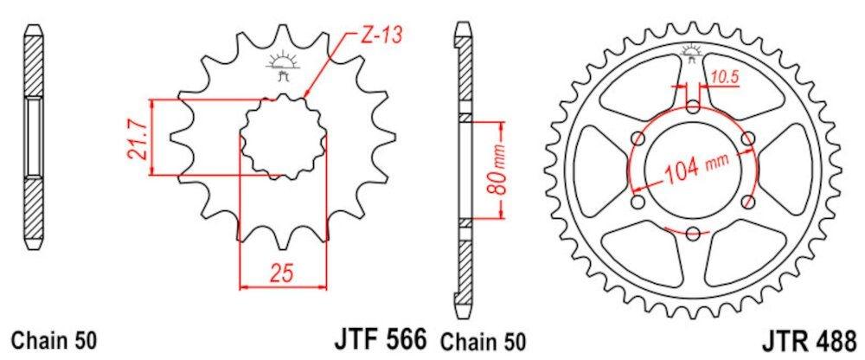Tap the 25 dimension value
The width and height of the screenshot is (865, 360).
point(282,273)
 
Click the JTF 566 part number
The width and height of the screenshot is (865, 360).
point(381,337)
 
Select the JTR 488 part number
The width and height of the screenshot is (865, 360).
point(811,339)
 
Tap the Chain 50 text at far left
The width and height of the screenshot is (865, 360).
point(54,339)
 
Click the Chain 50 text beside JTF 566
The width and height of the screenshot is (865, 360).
point(483,341)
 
